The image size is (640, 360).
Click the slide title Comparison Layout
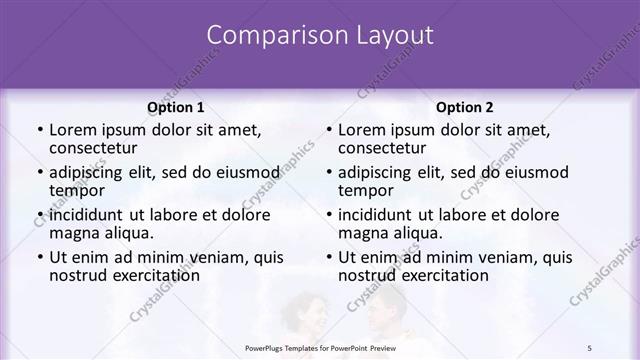pyautogui.click(x=320, y=35)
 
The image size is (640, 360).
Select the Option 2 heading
pyautogui.click(x=465, y=107)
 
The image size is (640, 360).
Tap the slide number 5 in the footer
pyautogui.click(x=590, y=346)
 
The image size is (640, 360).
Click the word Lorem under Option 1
pyautogui.click(x=72, y=130)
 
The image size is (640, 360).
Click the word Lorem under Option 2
pyautogui.click(x=361, y=130)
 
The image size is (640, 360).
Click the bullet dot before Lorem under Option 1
pyautogui.click(x=39, y=131)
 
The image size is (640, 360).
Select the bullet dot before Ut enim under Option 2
pyautogui.click(x=328, y=258)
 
